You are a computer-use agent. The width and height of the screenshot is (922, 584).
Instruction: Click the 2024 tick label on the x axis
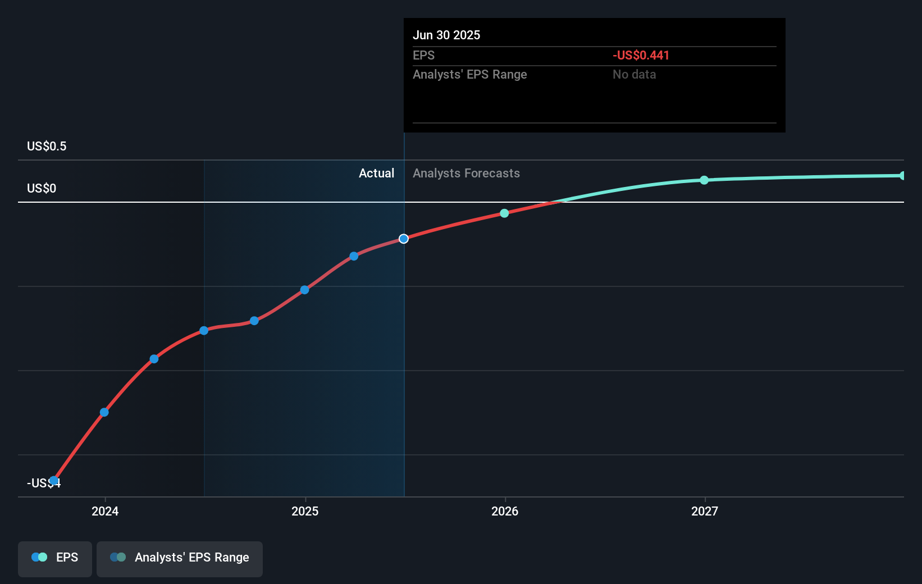tap(105, 511)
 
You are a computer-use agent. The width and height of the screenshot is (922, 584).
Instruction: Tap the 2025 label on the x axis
tap(305, 511)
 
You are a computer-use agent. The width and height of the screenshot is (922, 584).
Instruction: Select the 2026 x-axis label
tap(505, 511)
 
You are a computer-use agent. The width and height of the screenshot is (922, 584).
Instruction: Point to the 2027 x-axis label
tap(705, 511)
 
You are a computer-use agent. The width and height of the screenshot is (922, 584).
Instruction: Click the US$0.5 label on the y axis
tap(47, 147)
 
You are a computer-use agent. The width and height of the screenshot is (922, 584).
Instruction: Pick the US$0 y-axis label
tap(42, 189)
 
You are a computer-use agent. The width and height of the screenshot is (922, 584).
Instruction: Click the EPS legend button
tap(55, 558)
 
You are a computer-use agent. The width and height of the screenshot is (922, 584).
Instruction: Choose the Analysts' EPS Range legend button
tap(180, 558)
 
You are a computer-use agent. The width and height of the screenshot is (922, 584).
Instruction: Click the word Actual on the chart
tap(376, 174)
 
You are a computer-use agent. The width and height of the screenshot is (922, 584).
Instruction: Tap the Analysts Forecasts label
tap(466, 174)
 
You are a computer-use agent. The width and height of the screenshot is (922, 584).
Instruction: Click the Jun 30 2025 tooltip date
tap(446, 35)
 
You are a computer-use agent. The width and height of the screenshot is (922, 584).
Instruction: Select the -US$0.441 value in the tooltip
tap(641, 56)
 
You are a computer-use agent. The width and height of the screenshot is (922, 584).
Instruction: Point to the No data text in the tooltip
tap(634, 75)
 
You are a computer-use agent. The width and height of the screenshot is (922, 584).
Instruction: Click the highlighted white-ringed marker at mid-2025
tap(404, 239)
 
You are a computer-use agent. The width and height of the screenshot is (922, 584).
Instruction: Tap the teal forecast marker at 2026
tap(504, 213)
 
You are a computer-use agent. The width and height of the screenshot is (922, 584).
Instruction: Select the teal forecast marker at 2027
tap(704, 180)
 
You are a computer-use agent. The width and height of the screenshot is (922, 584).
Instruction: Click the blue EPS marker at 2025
tap(304, 290)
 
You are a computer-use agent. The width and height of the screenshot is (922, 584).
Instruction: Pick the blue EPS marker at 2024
tap(104, 413)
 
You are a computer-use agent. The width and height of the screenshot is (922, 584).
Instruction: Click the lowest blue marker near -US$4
tap(53, 481)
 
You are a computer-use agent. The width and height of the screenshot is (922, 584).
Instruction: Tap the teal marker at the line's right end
tap(902, 176)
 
